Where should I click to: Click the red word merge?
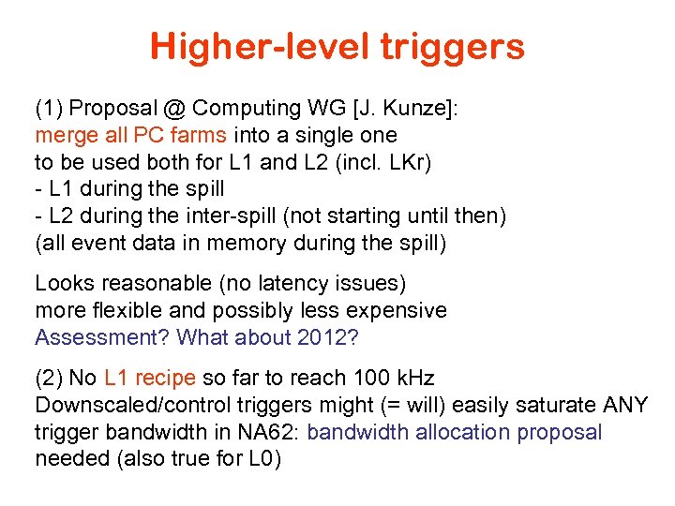[x=64, y=135]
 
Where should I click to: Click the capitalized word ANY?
[x=624, y=405]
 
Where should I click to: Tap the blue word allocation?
[x=467, y=432]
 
